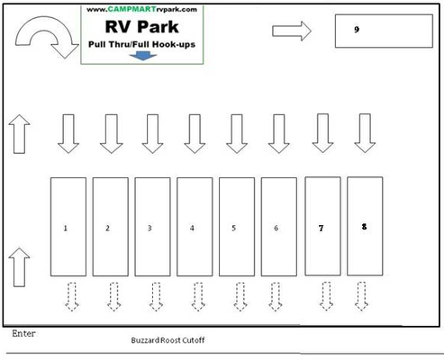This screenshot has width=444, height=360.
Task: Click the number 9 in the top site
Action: pyautogui.click(x=357, y=30)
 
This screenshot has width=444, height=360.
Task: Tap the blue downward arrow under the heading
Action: pyautogui.click(x=143, y=56)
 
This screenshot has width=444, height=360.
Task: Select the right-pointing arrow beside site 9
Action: pyautogui.click(x=292, y=31)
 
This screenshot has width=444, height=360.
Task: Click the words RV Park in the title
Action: pyautogui.click(x=142, y=27)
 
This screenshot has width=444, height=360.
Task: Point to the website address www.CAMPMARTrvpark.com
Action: pyautogui.click(x=142, y=9)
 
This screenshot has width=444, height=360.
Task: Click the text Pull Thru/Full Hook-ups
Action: pyautogui.click(x=141, y=44)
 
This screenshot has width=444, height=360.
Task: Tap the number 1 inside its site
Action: pyautogui.click(x=65, y=228)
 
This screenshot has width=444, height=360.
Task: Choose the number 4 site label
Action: pyautogui.click(x=192, y=228)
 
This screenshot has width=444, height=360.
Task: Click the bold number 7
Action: pyautogui.click(x=321, y=228)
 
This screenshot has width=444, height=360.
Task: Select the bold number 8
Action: pyautogui.click(x=364, y=227)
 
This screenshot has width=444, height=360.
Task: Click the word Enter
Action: pyautogui.click(x=23, y=333)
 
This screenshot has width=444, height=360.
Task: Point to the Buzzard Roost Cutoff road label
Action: pyautogui.click(x=168, y=340)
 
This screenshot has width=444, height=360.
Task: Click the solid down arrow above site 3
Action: pyautogui.click(x=152, y=134)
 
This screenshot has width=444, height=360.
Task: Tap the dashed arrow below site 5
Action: pyautogui.click(x=240, y=296)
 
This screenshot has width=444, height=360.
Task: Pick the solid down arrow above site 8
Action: pyautogui.click(x=365, y=133)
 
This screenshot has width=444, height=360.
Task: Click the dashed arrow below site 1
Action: pyautogui.click(x=72, y=296)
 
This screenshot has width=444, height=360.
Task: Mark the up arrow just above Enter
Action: pyautogui.click(x=19, y=267)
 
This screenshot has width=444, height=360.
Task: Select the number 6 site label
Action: pyautogui.click(x=276, y=228)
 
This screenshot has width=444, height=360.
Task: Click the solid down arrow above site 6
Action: pyautogui.click(x=279, y=134)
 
